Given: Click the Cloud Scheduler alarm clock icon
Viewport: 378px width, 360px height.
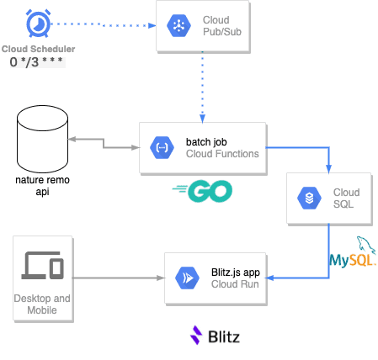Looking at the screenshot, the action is click(38, 24).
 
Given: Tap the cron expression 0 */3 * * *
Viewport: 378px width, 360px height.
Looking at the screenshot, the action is click(36, 62).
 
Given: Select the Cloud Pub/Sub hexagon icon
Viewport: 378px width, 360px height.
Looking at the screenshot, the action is click(178, 26).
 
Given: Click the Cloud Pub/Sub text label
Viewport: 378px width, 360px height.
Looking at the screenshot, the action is click(222, 26).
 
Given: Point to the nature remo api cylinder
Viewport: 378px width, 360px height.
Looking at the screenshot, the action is click(42, 139).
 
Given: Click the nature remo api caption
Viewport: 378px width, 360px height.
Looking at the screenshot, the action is click(42, 186).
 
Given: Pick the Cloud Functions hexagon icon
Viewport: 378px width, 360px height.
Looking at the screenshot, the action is click(162, 147).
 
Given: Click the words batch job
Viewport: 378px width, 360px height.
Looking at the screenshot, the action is click(206, 142).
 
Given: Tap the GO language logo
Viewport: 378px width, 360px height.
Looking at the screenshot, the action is click(202, 191).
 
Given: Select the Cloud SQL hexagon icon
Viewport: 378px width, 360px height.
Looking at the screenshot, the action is click(309, 199).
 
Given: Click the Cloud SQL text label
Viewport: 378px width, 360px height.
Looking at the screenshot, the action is click(346, 199).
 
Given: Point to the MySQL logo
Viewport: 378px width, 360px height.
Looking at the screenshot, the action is click(353, 251).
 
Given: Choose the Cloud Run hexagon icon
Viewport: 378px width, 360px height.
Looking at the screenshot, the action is click(187, 278).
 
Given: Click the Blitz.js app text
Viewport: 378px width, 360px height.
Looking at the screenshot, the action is click(236, 273).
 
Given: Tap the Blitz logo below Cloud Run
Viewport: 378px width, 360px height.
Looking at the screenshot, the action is click(215, 336).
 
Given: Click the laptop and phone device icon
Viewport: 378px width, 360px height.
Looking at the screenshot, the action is click(43, 265).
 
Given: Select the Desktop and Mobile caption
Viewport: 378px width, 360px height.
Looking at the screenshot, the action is click(42, 304).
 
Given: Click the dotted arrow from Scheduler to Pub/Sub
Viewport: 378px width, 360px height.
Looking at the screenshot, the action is click(104, 25).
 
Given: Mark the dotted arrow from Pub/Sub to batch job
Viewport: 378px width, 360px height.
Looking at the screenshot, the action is click(202, 87).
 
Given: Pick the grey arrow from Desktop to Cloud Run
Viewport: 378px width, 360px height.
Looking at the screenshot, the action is click(119, 278).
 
